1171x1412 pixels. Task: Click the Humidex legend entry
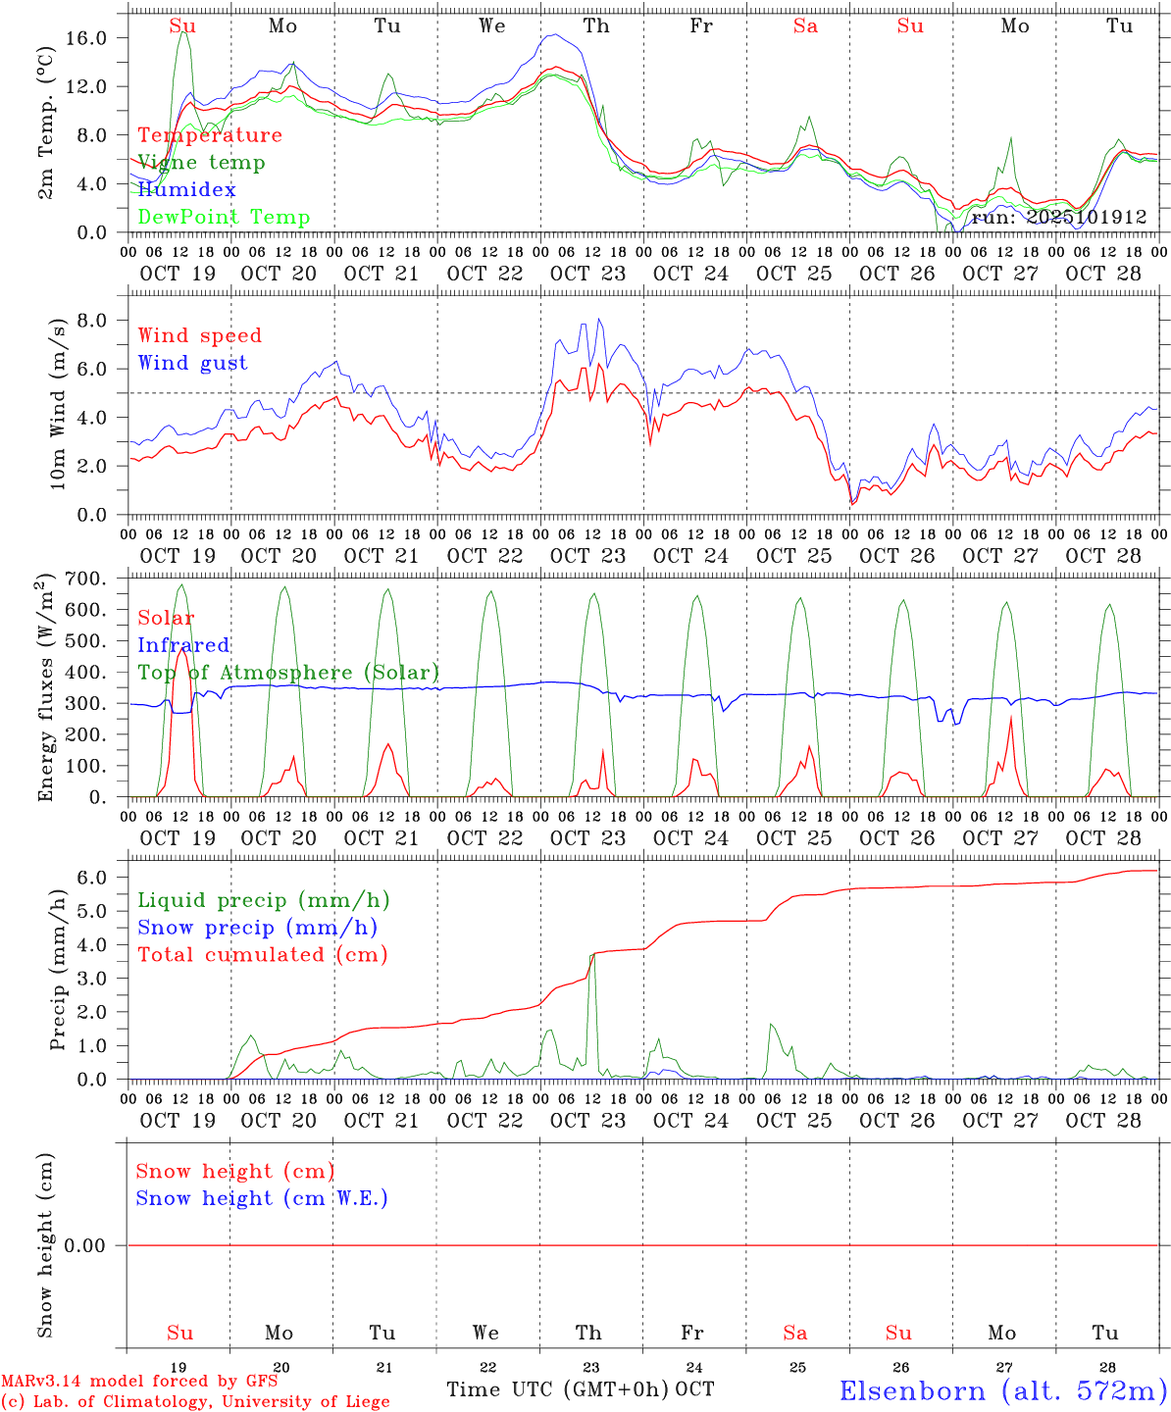(186, 189)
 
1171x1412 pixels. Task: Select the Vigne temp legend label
(201, 162)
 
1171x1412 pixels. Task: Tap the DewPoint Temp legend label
(224, 217)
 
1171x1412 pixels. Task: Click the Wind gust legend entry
(192, 363)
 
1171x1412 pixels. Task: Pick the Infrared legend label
(183, 645)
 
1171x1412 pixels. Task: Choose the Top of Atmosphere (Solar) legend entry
(288, 673)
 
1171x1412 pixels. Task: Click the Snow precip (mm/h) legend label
(257, 928)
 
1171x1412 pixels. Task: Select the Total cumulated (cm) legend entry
(262, 954)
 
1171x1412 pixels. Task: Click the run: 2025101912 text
(1058, 217)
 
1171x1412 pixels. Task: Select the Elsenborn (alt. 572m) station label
(1002, 1390)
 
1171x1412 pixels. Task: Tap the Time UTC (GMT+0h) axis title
(557, 1389)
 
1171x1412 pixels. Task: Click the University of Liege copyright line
(195, 1402)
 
